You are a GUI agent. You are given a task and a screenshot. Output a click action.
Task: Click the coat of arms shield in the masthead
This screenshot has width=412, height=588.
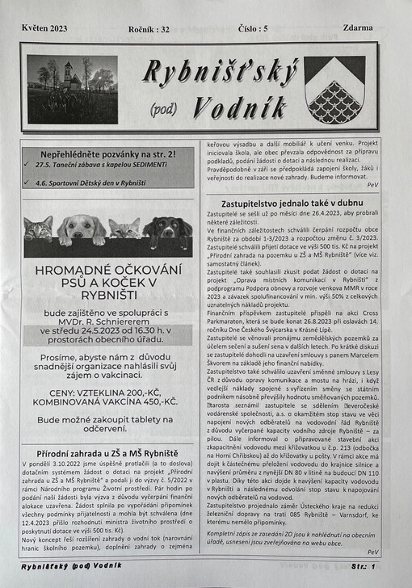coord(334,90)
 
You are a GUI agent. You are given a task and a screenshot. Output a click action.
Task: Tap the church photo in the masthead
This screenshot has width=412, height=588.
coord(72,89)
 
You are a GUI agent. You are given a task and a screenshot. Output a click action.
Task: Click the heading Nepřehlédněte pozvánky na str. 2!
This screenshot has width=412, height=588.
coord(108,153)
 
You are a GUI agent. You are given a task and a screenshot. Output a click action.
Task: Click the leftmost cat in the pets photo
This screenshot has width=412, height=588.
coord(38,229)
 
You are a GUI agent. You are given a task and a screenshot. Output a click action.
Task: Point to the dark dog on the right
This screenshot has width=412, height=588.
coord(168,231)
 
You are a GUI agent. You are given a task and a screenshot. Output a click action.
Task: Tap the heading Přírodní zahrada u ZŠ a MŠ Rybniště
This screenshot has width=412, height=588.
coord(107,453)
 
